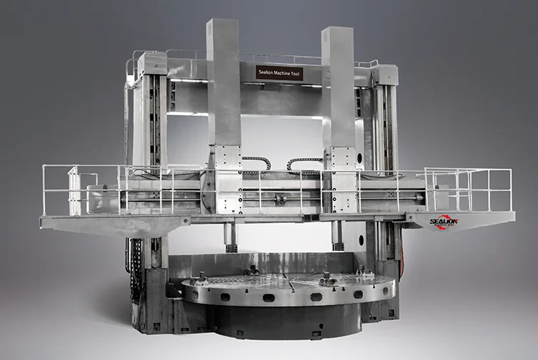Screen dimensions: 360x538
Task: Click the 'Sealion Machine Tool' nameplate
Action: (x=280, y=72)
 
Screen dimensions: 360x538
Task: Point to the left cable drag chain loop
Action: (x=258, y=162)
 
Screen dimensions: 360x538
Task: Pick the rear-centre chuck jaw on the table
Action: (x=252, y=270)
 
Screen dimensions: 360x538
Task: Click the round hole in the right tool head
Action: (x=350, y=155)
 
